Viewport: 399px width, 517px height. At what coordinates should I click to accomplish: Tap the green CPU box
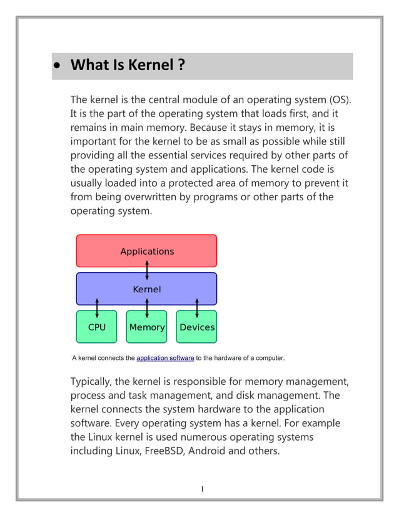96,327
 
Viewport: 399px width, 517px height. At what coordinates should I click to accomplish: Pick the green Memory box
146,327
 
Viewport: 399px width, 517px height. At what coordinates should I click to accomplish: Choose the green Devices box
196,327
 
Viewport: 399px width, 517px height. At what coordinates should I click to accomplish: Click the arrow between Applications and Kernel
147,270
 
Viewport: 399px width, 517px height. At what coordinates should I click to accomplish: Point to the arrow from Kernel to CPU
97,308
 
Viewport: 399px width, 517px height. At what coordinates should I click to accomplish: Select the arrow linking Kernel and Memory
147,308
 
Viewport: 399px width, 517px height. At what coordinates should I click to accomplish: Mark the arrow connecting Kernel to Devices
197,308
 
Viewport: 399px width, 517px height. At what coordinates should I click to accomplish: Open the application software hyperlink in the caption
165,358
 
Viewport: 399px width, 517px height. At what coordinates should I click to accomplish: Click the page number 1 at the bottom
202,489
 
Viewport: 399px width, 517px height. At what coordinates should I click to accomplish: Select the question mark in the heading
181,65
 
